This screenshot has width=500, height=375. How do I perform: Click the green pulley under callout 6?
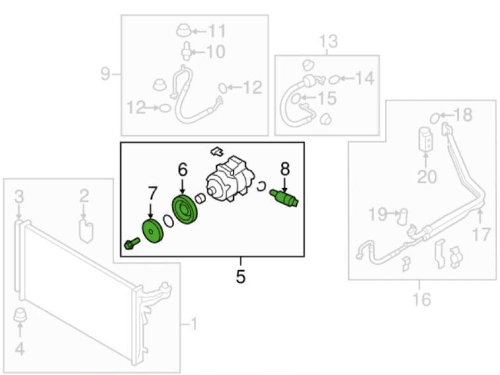184,210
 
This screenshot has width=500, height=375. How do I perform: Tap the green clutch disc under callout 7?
153,231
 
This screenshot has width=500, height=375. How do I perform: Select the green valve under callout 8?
284,198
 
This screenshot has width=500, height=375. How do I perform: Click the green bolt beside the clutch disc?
131,244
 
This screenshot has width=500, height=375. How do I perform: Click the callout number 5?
241,276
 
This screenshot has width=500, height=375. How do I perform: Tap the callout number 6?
183,170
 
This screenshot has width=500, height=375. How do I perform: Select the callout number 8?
285,169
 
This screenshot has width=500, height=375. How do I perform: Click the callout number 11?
216,31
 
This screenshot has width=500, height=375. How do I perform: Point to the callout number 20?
426,176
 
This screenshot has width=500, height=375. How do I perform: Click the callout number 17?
481,234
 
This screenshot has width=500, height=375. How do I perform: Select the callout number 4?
20,349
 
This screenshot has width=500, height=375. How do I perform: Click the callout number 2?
84,195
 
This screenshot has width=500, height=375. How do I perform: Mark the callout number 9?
105,74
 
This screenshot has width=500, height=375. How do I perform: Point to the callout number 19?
378,215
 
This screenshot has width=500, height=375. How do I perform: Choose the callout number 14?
365,78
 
